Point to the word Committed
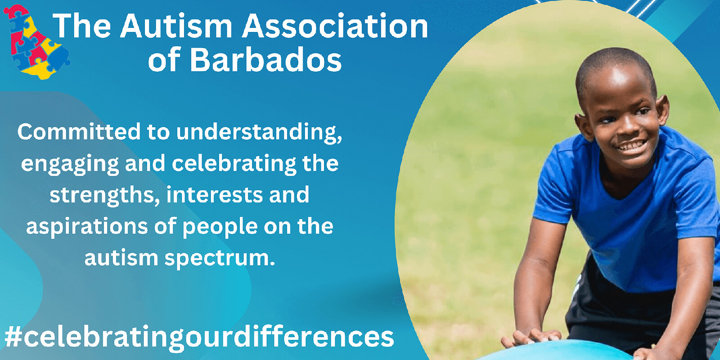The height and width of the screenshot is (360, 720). (79, 131)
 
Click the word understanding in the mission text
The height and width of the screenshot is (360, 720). (259, 132)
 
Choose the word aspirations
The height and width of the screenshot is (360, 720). (87, 227)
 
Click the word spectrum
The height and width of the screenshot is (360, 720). (220, 258)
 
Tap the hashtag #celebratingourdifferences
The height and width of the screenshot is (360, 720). (199, 337)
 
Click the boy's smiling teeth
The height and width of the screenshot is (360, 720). (632, 146)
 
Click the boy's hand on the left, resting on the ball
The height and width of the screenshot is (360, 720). (531, 337)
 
